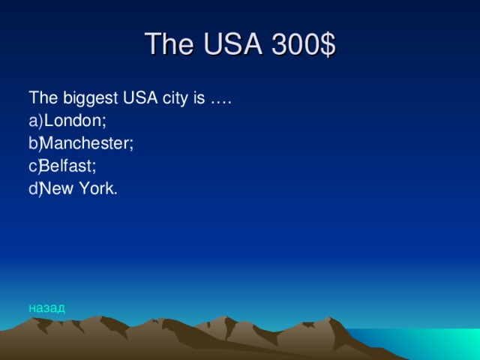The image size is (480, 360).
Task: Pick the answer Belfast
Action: (69, 166)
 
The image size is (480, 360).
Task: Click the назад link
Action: (46, 307)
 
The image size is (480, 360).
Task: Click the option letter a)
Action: (35, 120)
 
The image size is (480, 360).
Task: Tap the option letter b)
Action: (35, 142)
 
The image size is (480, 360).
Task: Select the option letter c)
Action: (35, 166)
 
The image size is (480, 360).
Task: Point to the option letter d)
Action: (35, 189)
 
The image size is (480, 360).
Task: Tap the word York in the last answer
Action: (101, 189)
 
